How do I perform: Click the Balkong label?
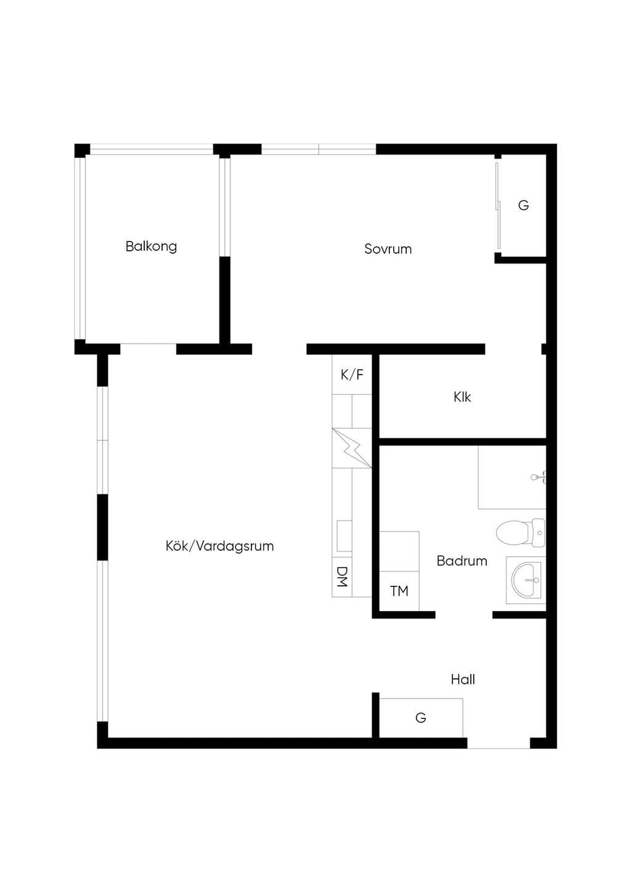click(151, 246)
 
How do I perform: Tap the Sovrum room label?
click(388, 249)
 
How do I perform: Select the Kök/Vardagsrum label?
click(219, 546)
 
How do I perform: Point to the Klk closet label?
click(462, 397)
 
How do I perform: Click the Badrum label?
click(462, 561)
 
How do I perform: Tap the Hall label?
click(463, 679)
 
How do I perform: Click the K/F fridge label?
click(352, 375)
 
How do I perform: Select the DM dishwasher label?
click(342, 577)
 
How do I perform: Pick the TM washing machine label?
click(399, 591)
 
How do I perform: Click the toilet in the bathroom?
click(520, 532)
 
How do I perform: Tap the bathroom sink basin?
click(526, 580)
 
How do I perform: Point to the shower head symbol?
click(539, 477)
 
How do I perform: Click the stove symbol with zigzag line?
click(352, 448)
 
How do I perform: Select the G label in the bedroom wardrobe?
click(523, 206)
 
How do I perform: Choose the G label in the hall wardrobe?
click(421, 718)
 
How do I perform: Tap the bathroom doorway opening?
click(464, 615)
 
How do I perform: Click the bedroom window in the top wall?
click(319, 149)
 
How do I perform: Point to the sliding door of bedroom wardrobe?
click(497, 206)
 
